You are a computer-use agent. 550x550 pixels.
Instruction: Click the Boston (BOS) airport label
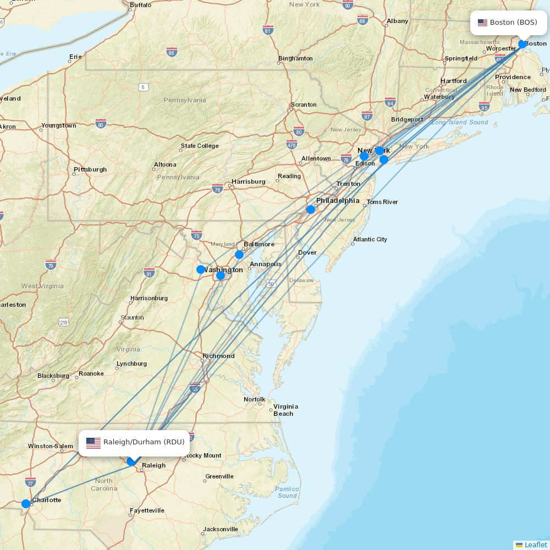click(x=508, y=23)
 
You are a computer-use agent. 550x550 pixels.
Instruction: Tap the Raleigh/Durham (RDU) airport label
click(x=134, y=442)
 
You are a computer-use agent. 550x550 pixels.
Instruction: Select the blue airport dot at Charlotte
click(x=26, y=504)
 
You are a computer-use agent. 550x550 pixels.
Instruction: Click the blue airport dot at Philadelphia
click(x=311, y=210)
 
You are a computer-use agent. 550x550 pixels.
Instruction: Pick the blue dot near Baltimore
click(x=239, y=255)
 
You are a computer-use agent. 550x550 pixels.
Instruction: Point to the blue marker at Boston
click(x=522, y=44)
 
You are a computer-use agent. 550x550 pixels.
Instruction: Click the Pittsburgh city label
click(x=90, y=169)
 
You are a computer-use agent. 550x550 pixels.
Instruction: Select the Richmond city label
click(x=218, y=356)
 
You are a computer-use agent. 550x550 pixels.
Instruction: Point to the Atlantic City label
click(x=370, y=239)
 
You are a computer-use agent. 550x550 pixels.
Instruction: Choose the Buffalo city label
click(x=140, y=5)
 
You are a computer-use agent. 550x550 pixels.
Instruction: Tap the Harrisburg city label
click(x=248, y=182)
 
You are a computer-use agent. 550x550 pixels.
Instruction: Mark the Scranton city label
click(x=304, y=105)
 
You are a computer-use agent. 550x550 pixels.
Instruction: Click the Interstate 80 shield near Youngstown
click(x=101, y=123)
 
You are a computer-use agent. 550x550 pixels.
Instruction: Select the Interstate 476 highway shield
click(x=292, y=145)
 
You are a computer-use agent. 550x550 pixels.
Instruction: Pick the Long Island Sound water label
click(x=460, y=122)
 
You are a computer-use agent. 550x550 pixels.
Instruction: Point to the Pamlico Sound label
click(x=287, y=492)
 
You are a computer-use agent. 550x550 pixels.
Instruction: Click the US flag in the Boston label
click(x=483, y=23)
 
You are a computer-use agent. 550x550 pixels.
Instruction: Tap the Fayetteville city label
click(x=147, y=510)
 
